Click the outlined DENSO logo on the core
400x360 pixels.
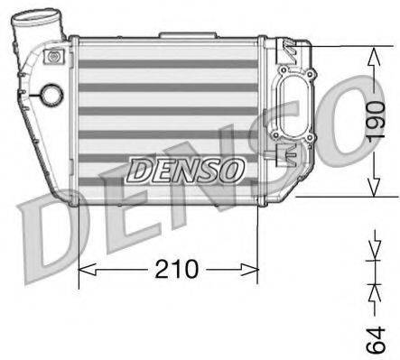(184, 169)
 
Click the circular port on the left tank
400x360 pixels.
(51, 95)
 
